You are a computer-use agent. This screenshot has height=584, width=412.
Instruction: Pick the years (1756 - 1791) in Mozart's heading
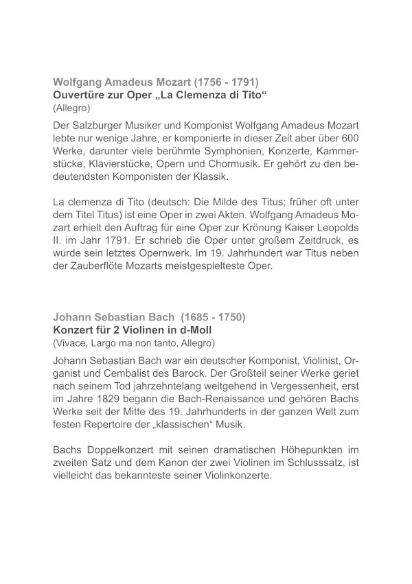pos(221,80)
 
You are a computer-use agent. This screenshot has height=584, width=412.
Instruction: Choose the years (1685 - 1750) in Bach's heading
pos(212,318)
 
